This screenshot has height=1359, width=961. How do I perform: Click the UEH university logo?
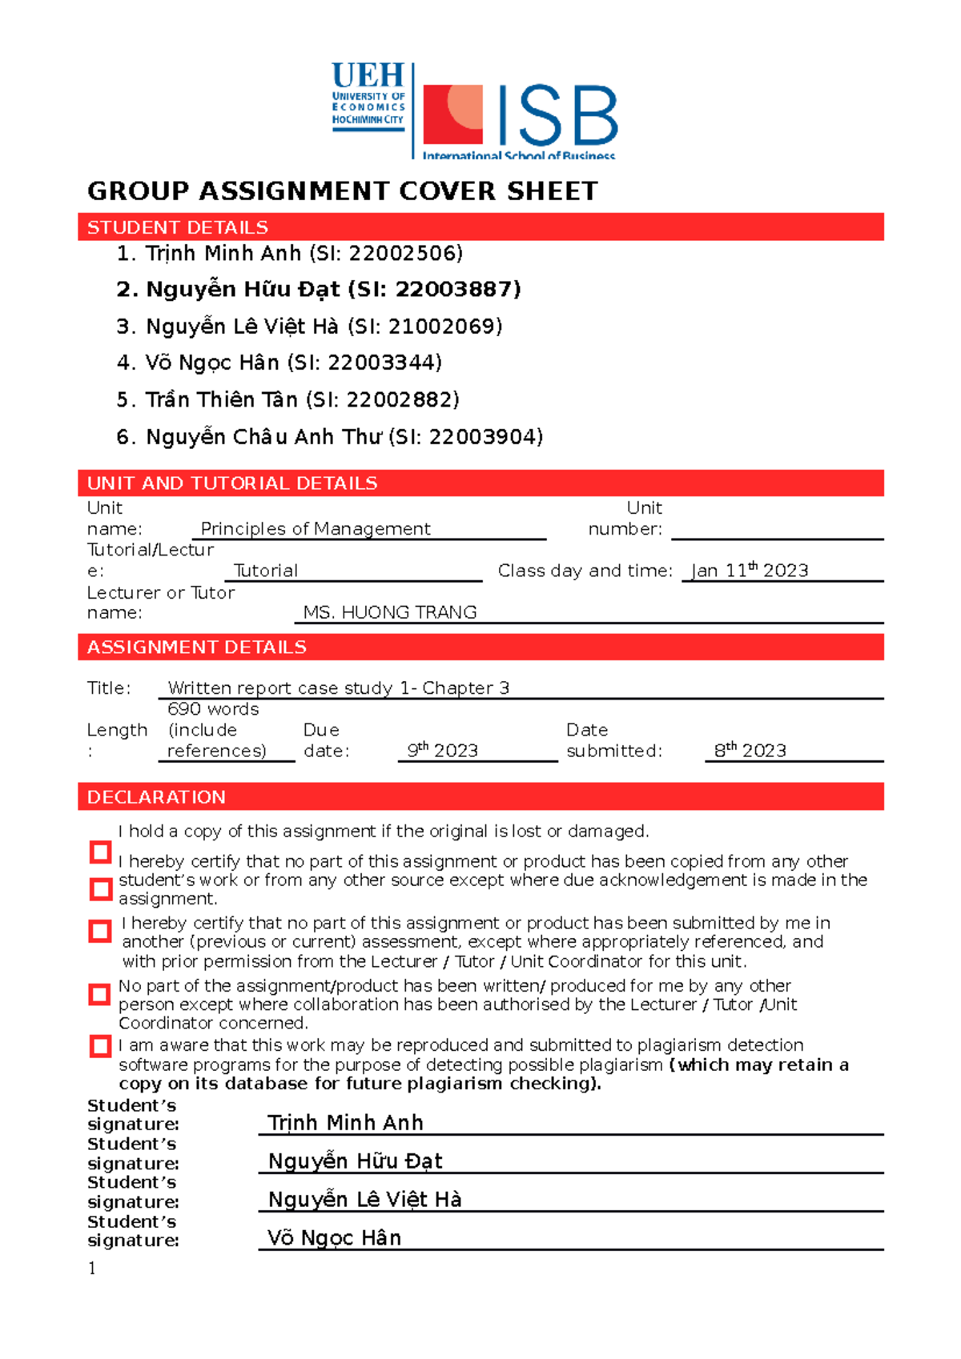368,97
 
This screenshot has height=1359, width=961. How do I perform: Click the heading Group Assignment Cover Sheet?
342,191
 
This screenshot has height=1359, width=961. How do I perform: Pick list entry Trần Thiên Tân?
221,399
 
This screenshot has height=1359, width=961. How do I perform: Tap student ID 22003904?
484,437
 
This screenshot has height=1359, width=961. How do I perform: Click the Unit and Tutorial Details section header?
232,483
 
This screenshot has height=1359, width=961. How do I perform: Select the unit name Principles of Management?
316,529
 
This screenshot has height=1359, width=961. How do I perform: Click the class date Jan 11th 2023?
750,571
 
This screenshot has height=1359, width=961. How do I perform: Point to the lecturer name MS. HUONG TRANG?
390,612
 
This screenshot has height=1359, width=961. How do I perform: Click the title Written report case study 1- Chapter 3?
338,688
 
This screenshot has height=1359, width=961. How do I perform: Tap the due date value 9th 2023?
442,751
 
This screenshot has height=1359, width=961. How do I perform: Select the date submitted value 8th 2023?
750,751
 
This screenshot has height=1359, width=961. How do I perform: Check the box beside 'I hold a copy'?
100,852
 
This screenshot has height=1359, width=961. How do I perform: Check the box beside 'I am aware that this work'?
100,1046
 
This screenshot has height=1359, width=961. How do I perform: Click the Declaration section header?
156,797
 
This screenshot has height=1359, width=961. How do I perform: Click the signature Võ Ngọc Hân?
334,1238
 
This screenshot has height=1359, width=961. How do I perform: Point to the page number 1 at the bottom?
92,1269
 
